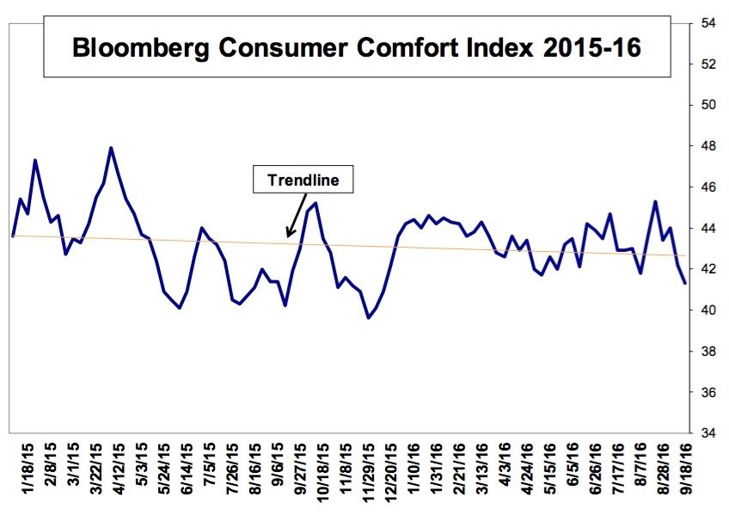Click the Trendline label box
pyautogui.click(x=303, y=181)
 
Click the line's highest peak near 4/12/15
pyautogui.click(x=111, y=148)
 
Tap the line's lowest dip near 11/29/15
pyautogui.click(x=369, y=317)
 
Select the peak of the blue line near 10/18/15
pyautogui.click(x=316, y=203)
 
